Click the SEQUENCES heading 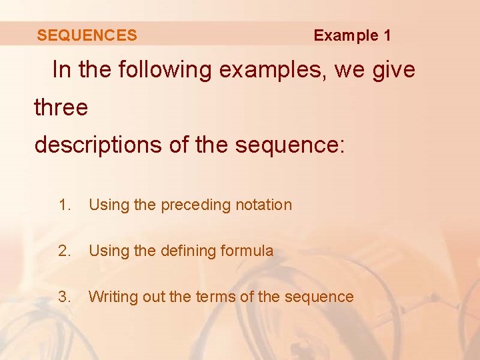point(87,35)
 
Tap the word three point(61,107)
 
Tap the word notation point(264,205)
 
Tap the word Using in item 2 point(109,251)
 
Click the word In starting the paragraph point(61,70)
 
